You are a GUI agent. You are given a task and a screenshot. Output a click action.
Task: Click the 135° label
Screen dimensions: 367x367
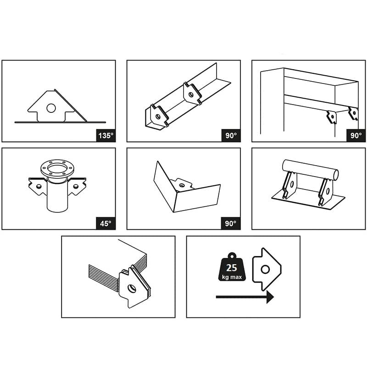click(x=106, y=135)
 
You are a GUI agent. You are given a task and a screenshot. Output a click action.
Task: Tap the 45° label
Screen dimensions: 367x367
click(x=106, y=223)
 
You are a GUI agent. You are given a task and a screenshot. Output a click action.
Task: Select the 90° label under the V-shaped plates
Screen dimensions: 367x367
click(x=231, y=223)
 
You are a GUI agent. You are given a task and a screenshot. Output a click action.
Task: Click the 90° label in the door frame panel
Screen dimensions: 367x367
click(x=356, y=135)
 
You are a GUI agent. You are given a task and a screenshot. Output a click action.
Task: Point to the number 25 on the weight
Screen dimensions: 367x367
click(x=232, y=268)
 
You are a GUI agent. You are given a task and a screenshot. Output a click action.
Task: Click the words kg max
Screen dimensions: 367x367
click(x=232, y=278)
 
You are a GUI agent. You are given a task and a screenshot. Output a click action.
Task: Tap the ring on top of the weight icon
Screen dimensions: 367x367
click(x=232, y=256)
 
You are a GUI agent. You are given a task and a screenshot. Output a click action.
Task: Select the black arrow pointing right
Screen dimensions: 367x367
click(x=245, y=297)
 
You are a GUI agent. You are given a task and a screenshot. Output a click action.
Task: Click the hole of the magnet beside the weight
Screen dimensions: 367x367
click(x=265, y=269)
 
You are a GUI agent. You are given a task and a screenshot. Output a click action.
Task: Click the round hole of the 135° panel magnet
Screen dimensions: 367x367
click(x=51, y=108)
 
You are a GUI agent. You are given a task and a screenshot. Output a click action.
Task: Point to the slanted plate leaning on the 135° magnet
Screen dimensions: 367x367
click(x=71, y=106)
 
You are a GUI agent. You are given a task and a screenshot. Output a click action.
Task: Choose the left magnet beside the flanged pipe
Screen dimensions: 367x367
click(x=38, y=186)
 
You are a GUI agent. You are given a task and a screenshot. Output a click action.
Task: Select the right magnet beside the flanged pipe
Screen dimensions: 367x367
click(x=77, y=186)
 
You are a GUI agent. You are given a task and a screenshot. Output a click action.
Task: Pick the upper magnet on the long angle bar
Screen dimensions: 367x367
click(x=192, y=94)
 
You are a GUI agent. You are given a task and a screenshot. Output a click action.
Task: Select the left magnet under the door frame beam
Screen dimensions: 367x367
click(x=331, y=117)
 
